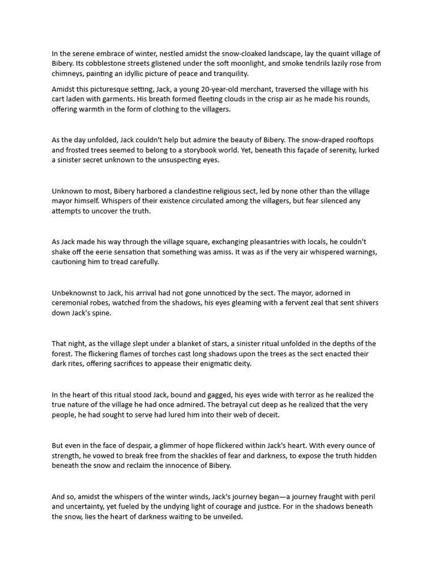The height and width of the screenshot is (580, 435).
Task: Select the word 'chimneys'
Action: click(x=68, y=74)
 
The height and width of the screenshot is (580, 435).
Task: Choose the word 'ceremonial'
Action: click(x=72, y=303)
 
